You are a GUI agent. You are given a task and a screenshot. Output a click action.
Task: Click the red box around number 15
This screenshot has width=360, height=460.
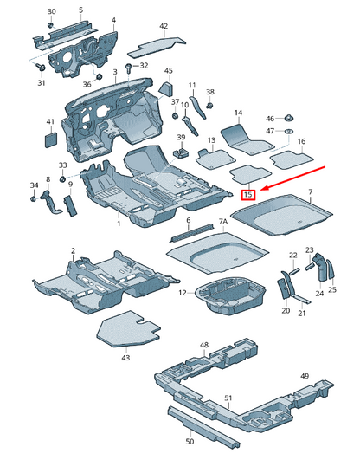tap(248, 195)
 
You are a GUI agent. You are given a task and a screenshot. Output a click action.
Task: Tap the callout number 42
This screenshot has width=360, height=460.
tap(164, 26)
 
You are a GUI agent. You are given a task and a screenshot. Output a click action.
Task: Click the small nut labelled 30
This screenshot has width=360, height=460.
tap(50, 24)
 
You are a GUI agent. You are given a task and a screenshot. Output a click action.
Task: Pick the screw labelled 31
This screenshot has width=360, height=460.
tap(41, 67)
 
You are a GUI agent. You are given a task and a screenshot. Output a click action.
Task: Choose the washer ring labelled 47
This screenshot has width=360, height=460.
tap(289, 131)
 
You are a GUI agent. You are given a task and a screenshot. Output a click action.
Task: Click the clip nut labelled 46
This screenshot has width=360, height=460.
tap(288, 119)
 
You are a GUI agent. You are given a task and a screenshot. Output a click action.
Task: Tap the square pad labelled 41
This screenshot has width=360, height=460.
tap(51, 139)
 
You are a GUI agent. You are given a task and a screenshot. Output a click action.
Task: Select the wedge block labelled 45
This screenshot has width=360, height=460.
tap(166, 88)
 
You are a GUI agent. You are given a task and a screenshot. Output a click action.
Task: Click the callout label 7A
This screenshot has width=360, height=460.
tap(223, 222)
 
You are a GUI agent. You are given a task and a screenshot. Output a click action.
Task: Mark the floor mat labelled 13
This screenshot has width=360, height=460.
tap(216, 159)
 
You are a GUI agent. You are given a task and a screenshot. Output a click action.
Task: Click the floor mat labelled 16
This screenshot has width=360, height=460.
tap(292, 160)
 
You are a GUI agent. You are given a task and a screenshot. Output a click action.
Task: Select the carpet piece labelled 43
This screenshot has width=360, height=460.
tap(128, 329)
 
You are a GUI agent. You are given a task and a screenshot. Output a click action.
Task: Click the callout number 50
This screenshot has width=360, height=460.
tap(190, 441)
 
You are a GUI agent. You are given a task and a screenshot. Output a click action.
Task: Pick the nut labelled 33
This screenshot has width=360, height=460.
tap(62, 178)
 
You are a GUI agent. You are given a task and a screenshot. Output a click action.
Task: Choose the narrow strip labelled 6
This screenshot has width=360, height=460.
tap(192, 233)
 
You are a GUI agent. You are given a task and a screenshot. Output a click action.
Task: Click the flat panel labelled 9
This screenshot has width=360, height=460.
tap(70, 205)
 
